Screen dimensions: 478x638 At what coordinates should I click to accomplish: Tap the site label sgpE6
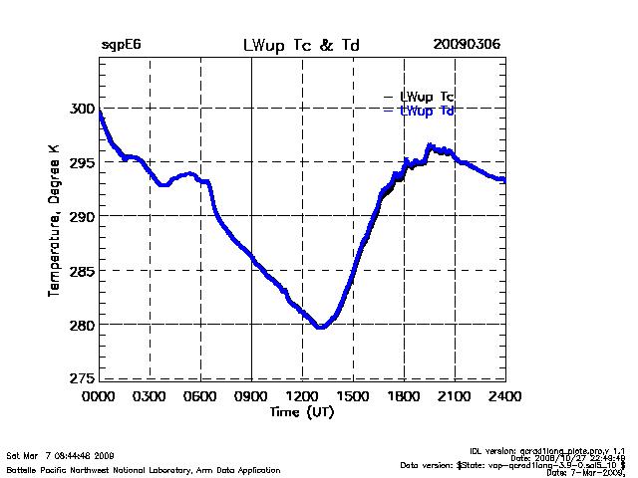120,46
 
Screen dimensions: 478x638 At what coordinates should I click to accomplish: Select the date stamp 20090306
467,46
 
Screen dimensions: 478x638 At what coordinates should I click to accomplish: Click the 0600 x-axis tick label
201,396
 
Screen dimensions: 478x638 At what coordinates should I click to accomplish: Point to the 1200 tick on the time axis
302,396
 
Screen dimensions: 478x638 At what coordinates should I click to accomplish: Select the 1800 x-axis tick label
404,396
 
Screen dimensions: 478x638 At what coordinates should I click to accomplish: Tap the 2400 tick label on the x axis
504,396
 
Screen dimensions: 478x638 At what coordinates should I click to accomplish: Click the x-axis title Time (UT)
301,411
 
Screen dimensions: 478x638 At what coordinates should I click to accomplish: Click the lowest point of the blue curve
320,327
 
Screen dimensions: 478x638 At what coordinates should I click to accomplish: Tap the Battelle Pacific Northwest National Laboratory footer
144,469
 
